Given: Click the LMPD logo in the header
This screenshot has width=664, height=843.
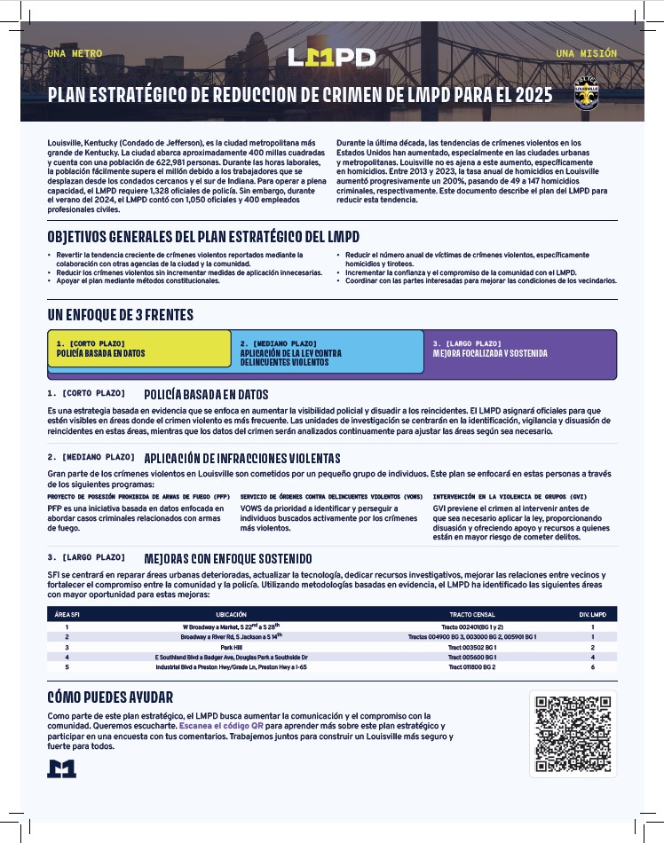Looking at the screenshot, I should [332, 58].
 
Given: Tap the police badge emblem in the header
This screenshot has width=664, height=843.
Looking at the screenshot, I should [586, 94].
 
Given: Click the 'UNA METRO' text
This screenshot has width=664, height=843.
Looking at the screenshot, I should [75, 53].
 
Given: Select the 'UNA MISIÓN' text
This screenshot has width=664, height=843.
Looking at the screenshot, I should [586, 53].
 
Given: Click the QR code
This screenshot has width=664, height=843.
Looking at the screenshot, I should [573, 734].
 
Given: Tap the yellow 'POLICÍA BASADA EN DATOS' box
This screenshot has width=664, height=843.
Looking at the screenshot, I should [138, 349].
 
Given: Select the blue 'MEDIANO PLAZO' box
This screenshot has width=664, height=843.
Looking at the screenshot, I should [326, 353].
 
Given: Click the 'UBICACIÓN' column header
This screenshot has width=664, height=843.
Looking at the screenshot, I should [232, 614].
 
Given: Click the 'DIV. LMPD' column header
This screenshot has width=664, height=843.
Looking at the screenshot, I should [592, 614].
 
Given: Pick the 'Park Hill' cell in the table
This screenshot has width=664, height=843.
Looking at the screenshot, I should [232, 647].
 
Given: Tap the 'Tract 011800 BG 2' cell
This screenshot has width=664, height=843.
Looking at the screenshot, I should [471, 666].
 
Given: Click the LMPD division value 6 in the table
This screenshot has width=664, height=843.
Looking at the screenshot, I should [592, 666].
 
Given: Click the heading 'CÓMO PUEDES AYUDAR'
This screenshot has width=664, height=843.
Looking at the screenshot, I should [110, 697].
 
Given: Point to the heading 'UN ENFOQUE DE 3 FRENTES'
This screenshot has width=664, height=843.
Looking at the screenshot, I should [120, 315].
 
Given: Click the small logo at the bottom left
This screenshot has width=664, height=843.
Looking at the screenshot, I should [61, 769].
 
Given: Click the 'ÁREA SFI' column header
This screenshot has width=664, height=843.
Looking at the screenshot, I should [67, 614].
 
